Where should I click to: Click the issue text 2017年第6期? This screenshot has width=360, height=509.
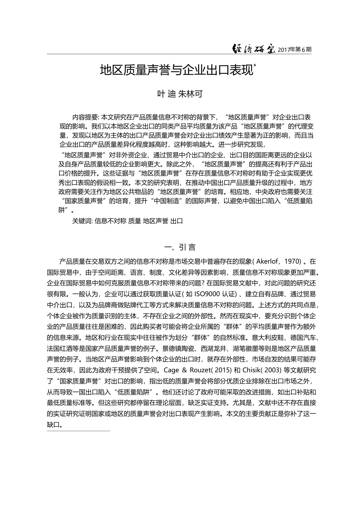pos(294,50)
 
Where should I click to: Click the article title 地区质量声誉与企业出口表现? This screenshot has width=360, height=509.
pos(176,70)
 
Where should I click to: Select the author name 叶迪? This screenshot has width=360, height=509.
pos(166,94)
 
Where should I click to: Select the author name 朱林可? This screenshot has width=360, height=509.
pos(190,94)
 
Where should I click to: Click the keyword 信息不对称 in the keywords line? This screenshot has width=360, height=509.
pos(110,221)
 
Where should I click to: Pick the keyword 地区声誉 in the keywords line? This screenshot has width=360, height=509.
pos(155,221)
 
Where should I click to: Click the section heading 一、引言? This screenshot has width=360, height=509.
pos(180,247)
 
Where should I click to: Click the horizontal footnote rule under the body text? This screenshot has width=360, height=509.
pos(78,431)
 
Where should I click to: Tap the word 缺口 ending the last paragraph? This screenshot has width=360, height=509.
pos(53,425)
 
